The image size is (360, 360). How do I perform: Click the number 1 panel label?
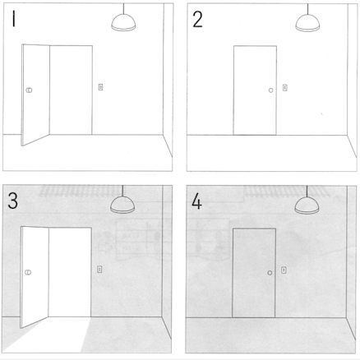13,19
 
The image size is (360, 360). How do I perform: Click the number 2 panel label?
197,20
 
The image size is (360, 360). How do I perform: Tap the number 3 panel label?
13,201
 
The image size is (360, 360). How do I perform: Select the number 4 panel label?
196,201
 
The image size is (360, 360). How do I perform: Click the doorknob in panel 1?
29,90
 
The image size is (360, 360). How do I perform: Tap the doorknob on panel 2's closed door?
270,90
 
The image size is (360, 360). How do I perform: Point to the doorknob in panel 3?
28,272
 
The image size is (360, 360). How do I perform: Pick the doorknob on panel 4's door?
270,273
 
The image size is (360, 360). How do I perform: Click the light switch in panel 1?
100,87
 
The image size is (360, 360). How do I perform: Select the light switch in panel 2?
285,88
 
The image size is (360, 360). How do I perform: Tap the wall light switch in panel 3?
99,269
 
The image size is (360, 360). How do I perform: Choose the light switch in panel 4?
284,270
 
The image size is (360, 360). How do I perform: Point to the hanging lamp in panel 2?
307,23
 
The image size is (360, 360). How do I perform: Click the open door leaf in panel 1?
35,93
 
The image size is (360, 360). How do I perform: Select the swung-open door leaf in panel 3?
35,275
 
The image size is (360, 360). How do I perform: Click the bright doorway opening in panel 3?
70,272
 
